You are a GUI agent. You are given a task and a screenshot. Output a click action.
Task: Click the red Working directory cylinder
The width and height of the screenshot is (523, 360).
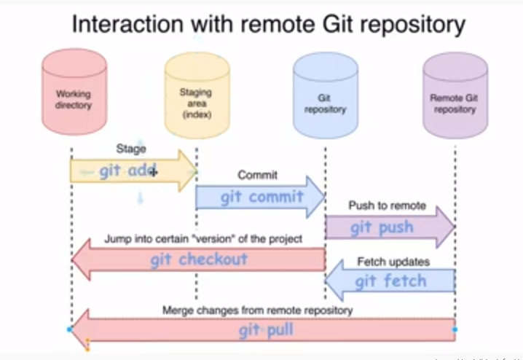pos(74,95)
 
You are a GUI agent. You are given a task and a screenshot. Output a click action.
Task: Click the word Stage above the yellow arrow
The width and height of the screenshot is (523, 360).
pos(131,149)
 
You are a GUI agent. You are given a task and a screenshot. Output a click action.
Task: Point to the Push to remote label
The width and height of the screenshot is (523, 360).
pos(387,206)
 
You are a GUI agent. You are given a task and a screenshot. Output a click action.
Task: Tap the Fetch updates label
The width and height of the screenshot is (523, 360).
pos(393,261)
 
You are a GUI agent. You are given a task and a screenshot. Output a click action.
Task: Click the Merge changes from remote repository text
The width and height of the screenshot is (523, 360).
pos(257,310)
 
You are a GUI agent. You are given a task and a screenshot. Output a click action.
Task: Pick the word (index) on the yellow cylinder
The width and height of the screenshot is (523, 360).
pos(195,114)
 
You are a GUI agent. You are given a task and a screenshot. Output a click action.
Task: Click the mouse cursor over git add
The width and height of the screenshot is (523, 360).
pos(153,172)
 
